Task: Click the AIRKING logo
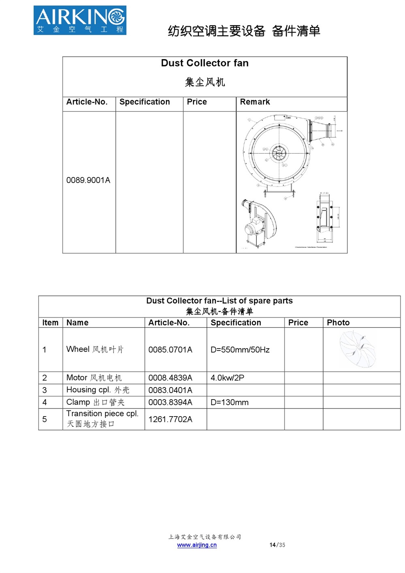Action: [80, 20]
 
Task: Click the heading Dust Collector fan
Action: [205, 63]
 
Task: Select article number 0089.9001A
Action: [88, 180]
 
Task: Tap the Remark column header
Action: [255, 102]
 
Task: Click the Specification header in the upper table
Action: [145, 102]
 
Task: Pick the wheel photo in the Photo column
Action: [358, 349]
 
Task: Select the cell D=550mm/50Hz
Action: [240, 350]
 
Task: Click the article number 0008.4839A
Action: [170, 378]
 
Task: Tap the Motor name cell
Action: [94, 378]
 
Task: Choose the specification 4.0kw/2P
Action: [227, 378]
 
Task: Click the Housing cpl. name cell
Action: [98, 390]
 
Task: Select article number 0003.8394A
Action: [170, 402]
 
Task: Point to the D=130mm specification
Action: [229, 402]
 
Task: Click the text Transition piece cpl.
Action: [102, 414]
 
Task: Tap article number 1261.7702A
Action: [170, 419]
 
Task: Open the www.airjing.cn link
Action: [197, 545]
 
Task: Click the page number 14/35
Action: [277, 545]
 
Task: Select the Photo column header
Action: [338, 323]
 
